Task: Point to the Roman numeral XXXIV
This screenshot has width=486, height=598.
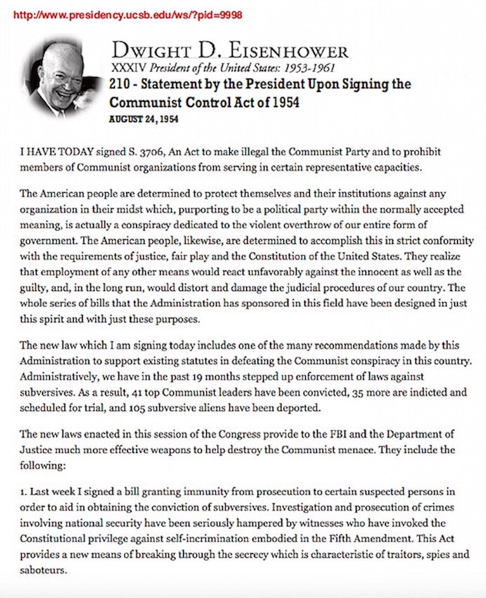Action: (x=125, y=68)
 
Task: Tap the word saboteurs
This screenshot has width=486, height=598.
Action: (x=45, y=569)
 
